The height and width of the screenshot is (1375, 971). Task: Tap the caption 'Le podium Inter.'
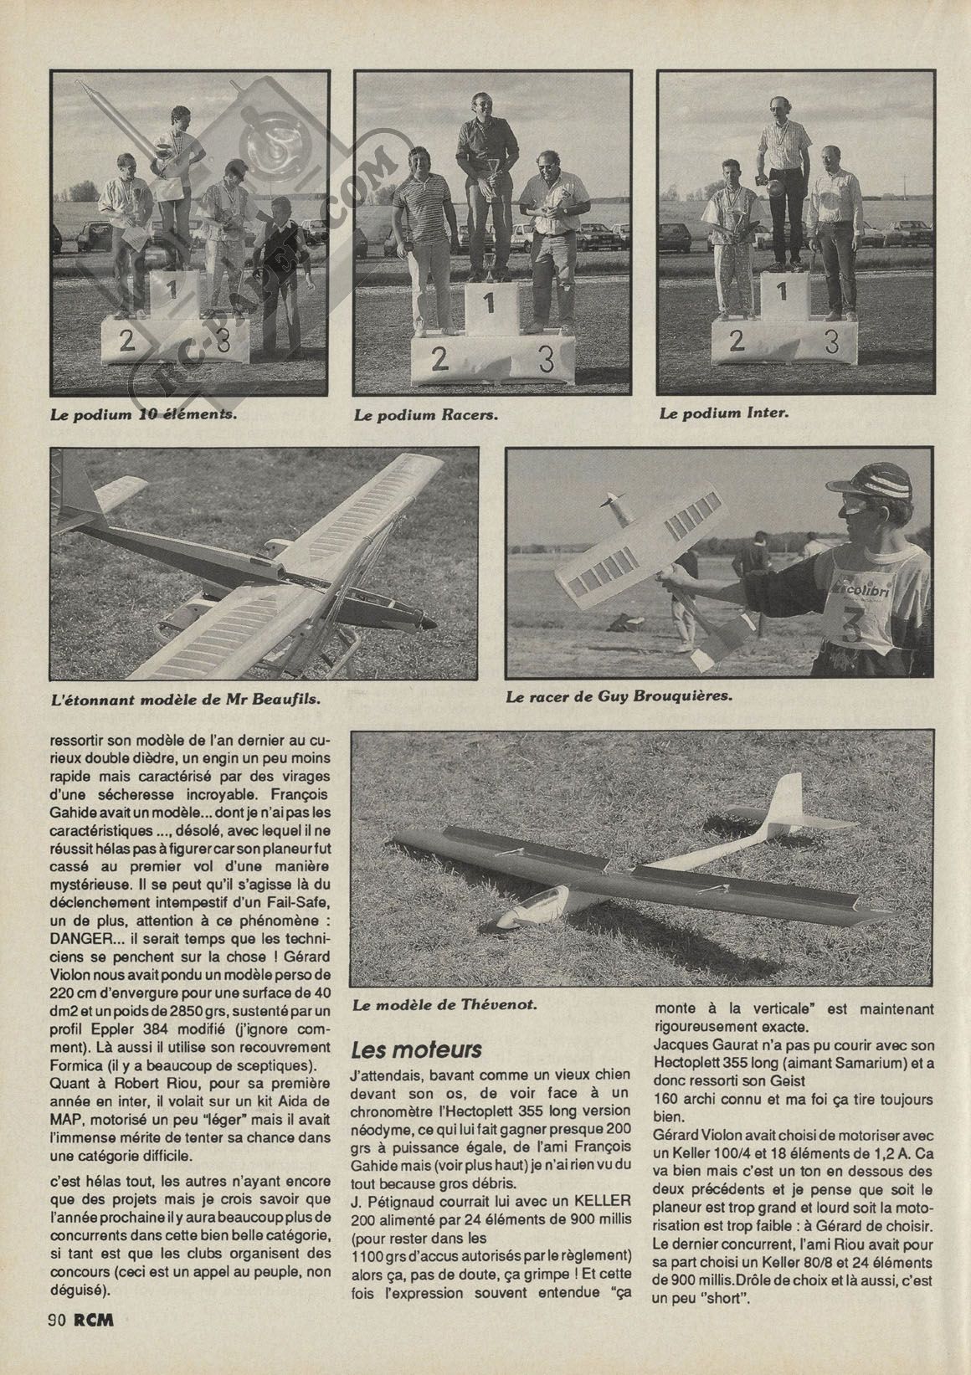pos(724,413)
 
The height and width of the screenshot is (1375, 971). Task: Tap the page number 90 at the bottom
pos(58,1345)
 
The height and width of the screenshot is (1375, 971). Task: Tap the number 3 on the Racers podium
pos(546,359)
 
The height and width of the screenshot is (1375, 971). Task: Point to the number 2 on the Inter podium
pos(737,341)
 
